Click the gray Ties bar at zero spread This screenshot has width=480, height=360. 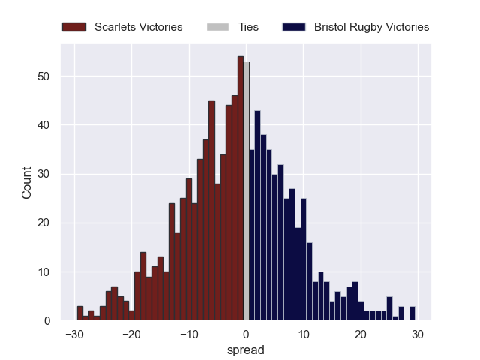tap(246, 191)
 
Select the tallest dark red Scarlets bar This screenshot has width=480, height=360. tap(241, 188)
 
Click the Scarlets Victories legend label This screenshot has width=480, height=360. tap(138, 27)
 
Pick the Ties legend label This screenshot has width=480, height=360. tap(248, 27)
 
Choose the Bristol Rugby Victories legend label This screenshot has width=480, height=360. tap(371, 27)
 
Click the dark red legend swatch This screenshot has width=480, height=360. tap(75, 27)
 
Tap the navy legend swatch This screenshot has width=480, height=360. tap(295, 27)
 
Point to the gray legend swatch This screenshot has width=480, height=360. tap(217, 27)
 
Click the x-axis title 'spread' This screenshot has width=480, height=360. tap(245, 349)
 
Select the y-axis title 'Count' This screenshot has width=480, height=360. tap(27, 182)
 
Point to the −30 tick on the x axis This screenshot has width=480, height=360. tap(73, 334)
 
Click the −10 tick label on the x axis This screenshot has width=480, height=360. tap(188, 334)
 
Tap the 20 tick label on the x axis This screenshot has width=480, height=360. tap(361, 334)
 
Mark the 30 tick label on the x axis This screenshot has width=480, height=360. tap(418, 334)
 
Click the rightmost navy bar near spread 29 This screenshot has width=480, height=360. tap(412, 313)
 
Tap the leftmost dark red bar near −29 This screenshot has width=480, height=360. tap(79, 313)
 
